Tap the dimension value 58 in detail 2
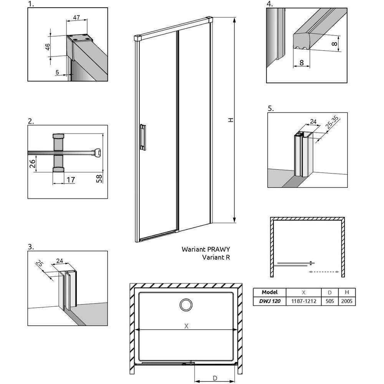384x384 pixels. (x=99, y=178)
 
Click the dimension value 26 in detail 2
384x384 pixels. (x=33, y=164)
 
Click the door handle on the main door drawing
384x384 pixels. (x=143, y=137)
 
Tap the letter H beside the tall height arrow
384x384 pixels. (x=230, y=120)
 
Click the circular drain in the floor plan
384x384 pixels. (x=186, y=305)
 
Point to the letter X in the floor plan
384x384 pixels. (x=186, y=326)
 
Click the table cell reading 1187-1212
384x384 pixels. (x=303, y=301)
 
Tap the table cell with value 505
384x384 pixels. (x=329, y=301)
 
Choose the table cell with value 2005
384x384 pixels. (x=347, y=301)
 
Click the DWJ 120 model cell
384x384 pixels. (x=270, y=301)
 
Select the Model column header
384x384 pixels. (x=270, y=292)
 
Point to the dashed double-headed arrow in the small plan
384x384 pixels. (x=324, y=272)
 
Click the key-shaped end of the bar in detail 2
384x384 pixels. (x=98, y=152)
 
